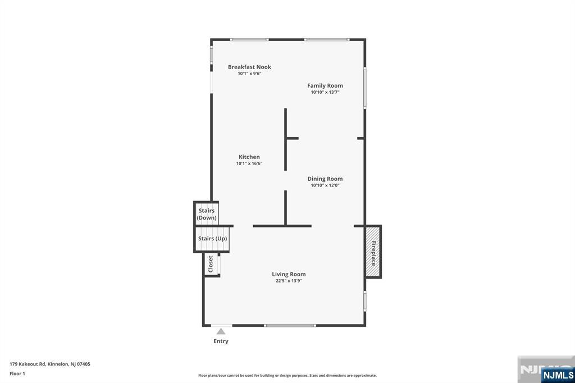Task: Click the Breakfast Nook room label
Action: point(249,67)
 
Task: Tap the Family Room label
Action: point(325,85)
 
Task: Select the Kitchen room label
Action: point(249,157)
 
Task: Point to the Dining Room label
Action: point(325,179)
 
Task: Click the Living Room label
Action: point(289,274)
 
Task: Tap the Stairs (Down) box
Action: point(206,213)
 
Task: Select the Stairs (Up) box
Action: point(212,239)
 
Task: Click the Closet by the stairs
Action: point(212,264)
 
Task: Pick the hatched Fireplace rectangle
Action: point(373,252)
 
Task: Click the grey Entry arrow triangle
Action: point(221,332)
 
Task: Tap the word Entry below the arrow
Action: point(221,341)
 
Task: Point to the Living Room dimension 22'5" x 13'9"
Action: point(289,281)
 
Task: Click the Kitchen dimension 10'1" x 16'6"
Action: point(249,163)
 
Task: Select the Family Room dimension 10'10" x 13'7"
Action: point(325,92)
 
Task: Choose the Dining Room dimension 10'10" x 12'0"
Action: point(325,185)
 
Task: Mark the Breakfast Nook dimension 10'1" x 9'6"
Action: point(249,74)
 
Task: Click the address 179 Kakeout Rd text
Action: point(50,364)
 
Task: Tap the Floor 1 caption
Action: point(17,373)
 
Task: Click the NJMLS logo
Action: point(558,375)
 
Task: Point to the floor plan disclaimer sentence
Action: point(287,375)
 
